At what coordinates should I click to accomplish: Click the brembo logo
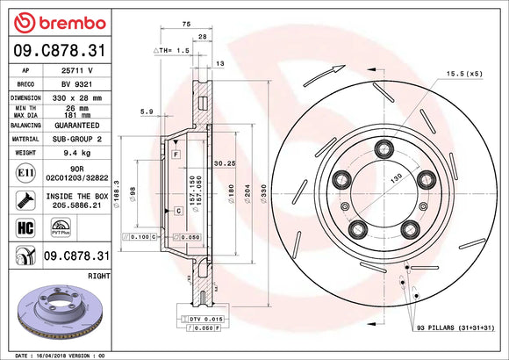(x=55, y=22)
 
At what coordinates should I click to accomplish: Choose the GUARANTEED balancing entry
(x=74, y=125)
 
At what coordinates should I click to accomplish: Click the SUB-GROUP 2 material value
(x=74, y=138)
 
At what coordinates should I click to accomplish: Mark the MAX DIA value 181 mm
(x=74, y=112)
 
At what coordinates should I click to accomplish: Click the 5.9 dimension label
(x=146, y=112)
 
